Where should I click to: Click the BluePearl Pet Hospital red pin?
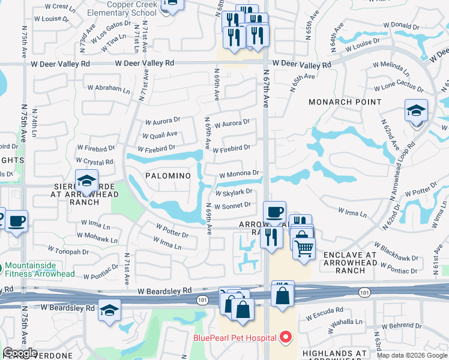coord(286,338)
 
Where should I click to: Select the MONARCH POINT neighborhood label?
coord(345,102)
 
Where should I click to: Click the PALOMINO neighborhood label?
coord(168,175)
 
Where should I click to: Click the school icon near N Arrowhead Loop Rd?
coord(416,112)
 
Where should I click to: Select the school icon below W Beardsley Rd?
coord(109,311)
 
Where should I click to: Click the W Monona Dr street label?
coord(238,174)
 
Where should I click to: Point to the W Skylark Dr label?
coord(234,192)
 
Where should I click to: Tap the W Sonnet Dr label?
coord(234,205)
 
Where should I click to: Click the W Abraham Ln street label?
coord(109,88)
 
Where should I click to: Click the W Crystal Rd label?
coord(95,161)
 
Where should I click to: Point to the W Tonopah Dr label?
coord(59,251)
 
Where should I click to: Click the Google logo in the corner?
coord(20,353)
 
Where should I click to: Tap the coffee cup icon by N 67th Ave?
coord(275,212)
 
